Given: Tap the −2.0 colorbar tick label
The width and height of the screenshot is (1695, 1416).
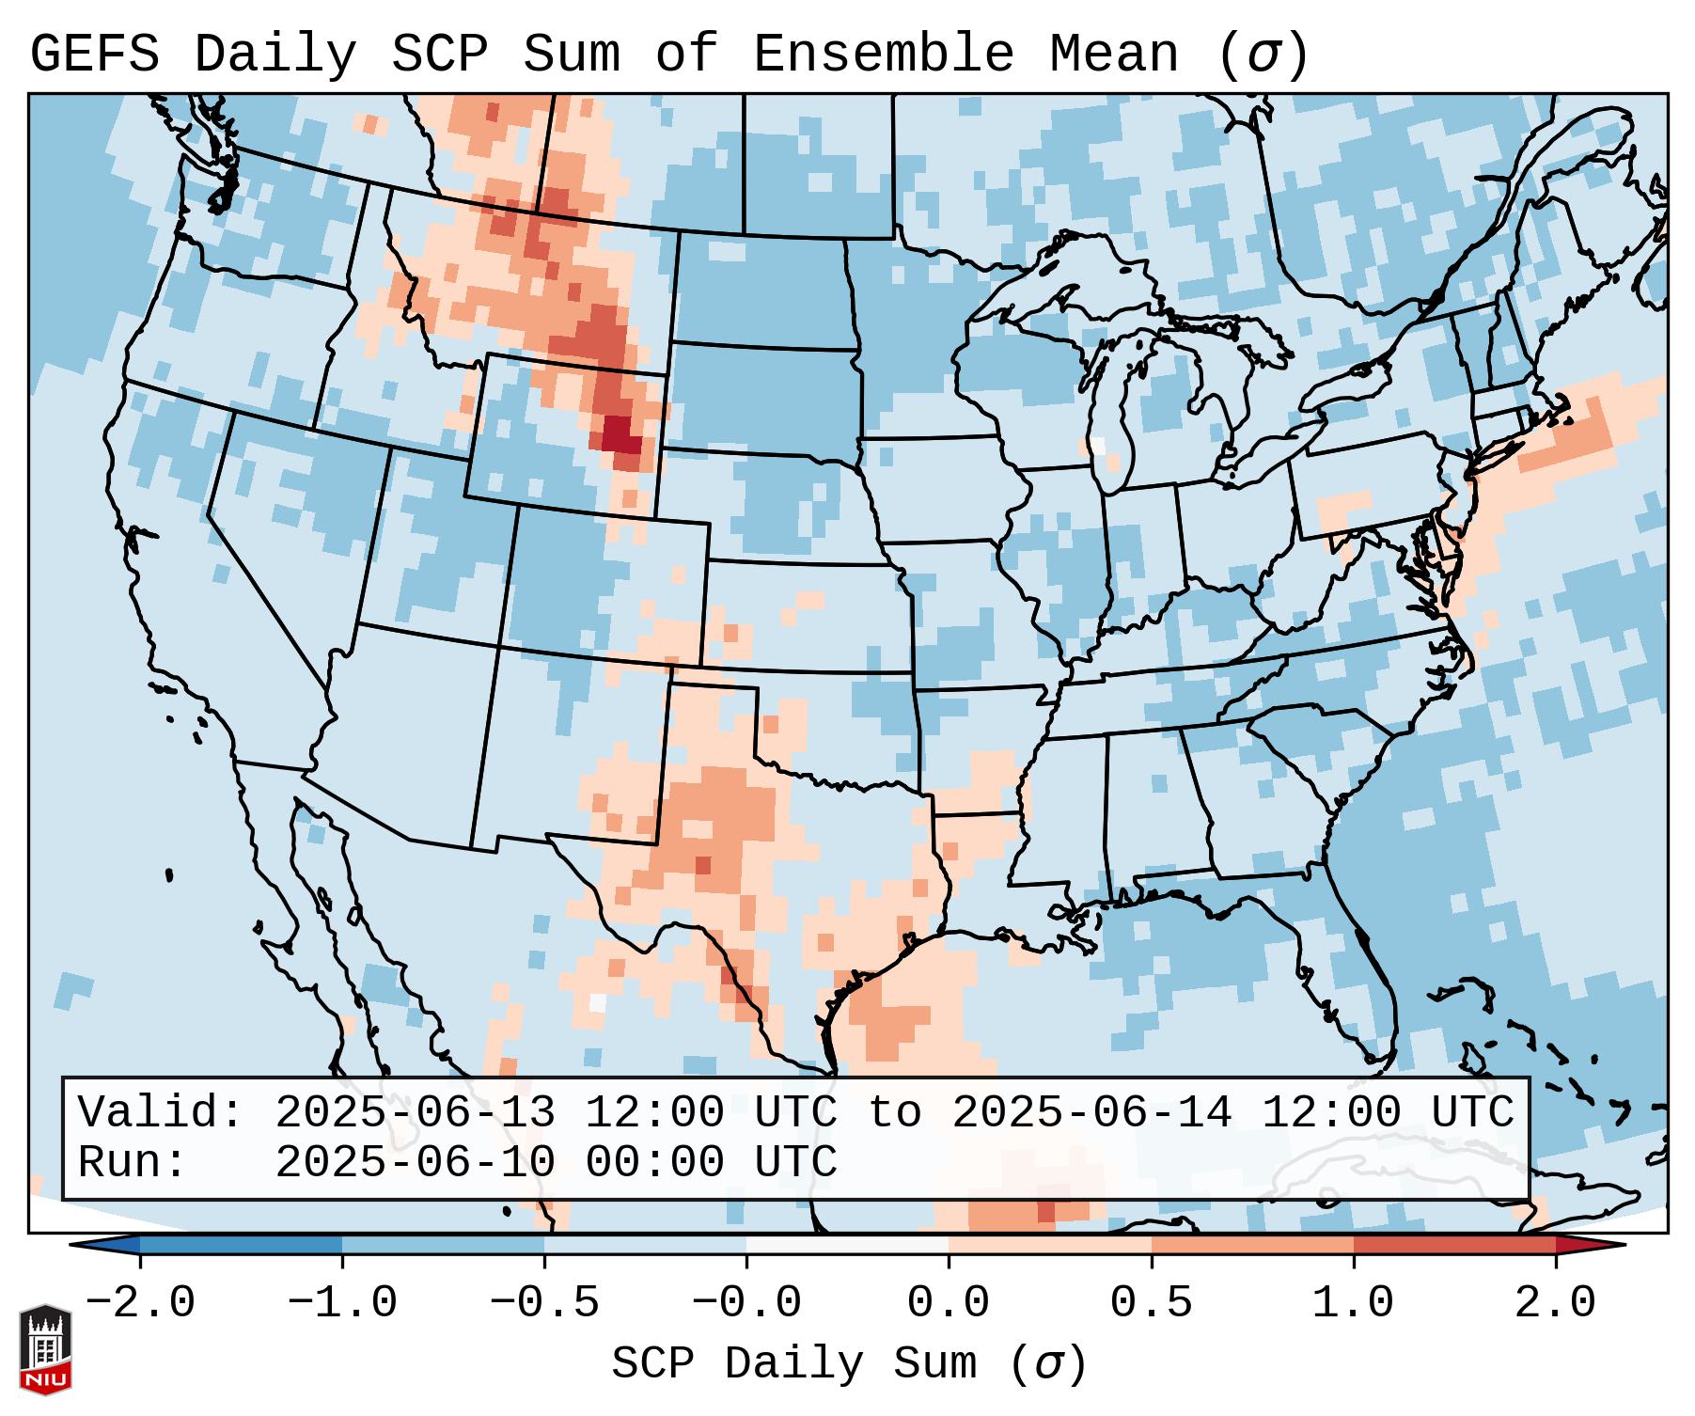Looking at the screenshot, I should (x=140, y=1303).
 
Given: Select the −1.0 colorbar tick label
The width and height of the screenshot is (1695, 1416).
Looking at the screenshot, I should (x=342, y=1303).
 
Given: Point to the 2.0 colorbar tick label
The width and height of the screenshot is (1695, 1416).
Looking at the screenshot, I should (x=1556, y=1303).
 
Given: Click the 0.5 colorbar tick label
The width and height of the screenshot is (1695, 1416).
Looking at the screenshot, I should (x=1152, y=1303).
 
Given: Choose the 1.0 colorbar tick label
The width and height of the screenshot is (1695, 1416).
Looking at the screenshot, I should (x=1354, y=1303).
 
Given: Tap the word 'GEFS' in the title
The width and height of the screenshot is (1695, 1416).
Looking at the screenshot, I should (x=95, y=55).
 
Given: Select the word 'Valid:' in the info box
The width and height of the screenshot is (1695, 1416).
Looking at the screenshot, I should (x=161, y=1113).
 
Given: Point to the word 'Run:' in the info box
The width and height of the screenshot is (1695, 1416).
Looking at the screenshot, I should (x=133, y=1162).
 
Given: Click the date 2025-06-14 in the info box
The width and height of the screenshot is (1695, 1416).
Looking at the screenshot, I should (x=1091, y=1113).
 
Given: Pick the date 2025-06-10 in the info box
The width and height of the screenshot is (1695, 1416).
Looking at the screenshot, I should (x=415, y=1162).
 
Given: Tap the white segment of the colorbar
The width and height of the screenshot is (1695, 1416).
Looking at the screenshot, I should (x=848, y=1245).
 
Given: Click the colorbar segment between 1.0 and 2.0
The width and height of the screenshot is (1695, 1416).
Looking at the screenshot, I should (x=1454, y=1245).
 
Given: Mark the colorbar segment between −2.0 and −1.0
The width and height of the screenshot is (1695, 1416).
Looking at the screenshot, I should (x=241, y=1245).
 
